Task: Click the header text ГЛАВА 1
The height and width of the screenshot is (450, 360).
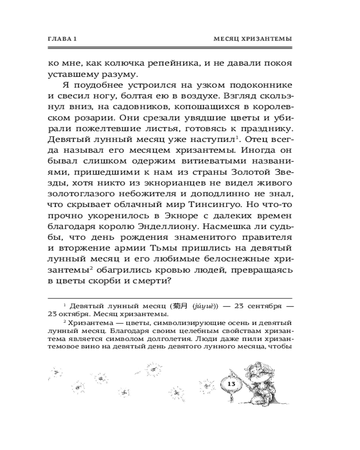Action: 63,40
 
